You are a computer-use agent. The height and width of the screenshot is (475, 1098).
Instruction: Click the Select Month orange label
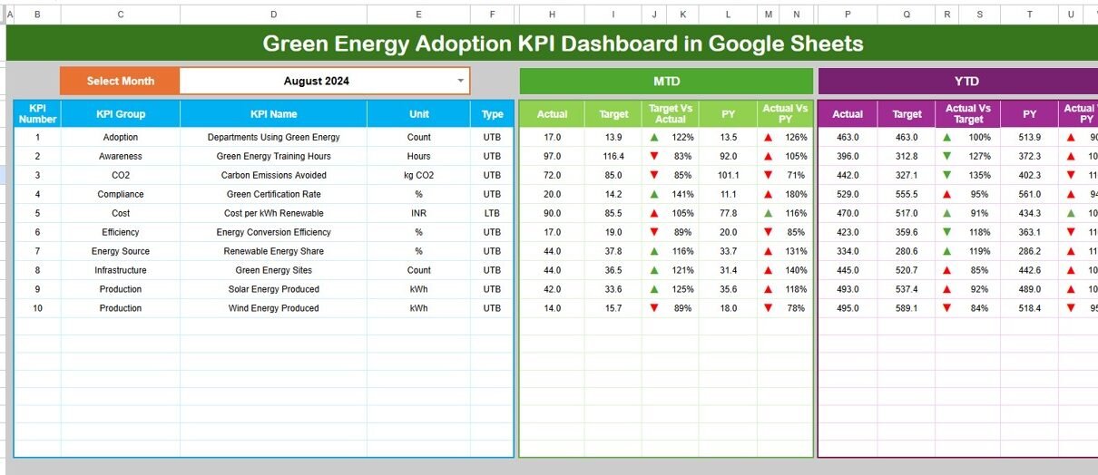click(120, 81)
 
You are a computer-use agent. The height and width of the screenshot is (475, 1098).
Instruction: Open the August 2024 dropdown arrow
click(460, 81)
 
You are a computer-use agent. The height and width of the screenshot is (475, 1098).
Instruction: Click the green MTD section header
click(666, 81)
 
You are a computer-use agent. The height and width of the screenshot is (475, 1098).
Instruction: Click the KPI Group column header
click(121, 114)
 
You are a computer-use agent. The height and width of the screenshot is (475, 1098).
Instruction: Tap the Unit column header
click(418, 114)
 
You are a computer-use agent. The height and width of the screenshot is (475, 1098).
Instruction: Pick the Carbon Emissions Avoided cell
click(273, 175)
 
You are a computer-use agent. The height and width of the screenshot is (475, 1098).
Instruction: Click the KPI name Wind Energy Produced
click(273, 308)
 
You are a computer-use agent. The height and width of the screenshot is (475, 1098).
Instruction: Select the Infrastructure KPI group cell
click(121, 270)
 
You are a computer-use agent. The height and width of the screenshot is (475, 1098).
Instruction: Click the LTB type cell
click(492, 213)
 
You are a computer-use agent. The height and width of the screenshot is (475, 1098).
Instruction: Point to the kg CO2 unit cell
click(418, 175)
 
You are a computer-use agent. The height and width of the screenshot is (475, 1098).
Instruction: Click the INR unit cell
click(418, 213)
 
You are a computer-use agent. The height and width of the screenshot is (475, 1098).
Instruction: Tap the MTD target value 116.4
click(613, 156)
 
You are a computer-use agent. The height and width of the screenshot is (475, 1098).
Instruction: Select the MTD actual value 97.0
click(552, 156)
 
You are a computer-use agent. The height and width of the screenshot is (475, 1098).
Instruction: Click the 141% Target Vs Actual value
click(683, 194)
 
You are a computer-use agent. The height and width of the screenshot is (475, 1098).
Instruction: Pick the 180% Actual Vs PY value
click(796, 194)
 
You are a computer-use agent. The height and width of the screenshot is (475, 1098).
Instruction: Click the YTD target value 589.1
click(907, 308)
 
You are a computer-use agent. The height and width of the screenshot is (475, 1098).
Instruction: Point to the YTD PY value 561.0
click(1029, 194)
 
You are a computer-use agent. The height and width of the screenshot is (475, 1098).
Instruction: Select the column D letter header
click(273, 15)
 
